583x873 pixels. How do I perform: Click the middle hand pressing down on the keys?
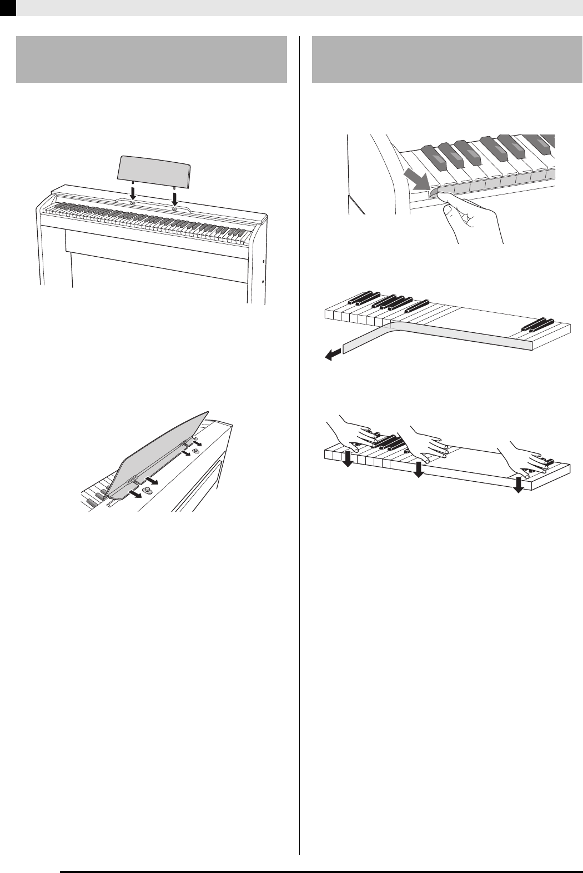pos(428,445)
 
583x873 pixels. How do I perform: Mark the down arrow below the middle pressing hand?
pos(419,470)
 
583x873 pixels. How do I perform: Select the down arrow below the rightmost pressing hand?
pos(518,483)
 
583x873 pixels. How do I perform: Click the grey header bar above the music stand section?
pos(151,59)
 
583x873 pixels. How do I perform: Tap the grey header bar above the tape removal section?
pos(447,59)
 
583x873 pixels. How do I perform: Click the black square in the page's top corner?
pos(8,7)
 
